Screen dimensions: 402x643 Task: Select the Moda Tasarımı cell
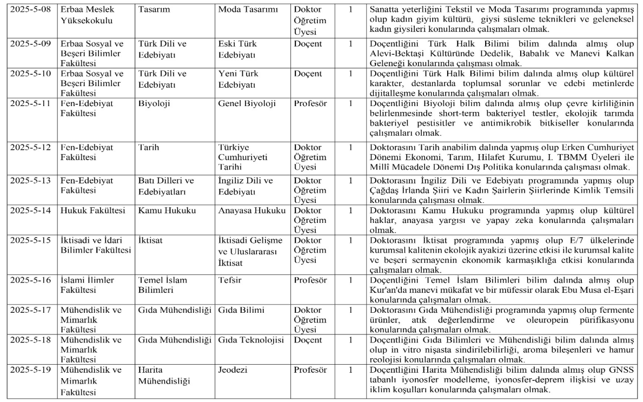click(x=244, y=10)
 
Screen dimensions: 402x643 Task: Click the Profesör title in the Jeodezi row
click(x=310, y=371)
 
